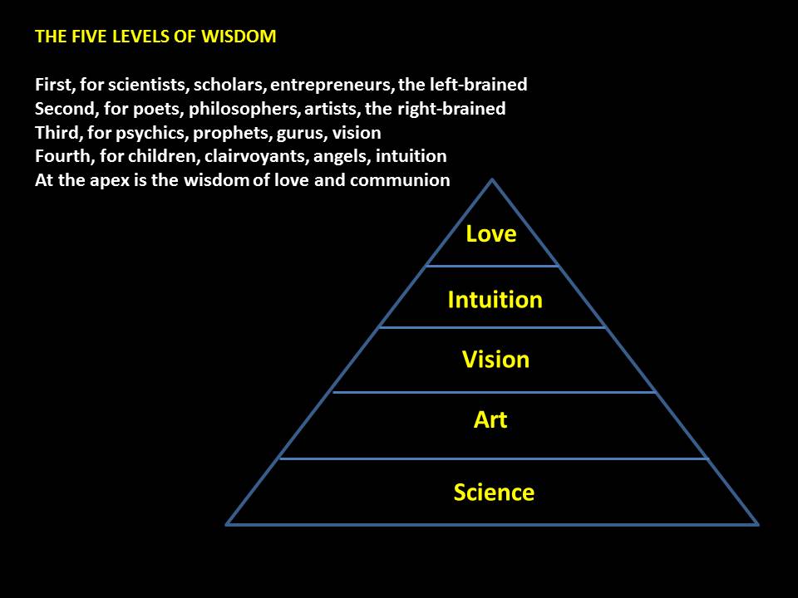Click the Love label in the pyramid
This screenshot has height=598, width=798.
pyautogui.click(x=490, y=234)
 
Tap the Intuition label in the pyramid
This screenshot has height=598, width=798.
pyautogui.click(x=495, y=300)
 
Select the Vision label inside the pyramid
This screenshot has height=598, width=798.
pyautogui.click(x=495, y=360)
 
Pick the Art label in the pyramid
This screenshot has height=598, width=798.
pyautogui.click(x=490, y=420)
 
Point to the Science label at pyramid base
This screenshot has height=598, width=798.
pyautogui.click(x=494, y=493)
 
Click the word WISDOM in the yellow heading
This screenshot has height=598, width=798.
pyautogui.click(x=240, y=37)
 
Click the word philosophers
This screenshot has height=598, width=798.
pyautogui.click(x=242, y=109)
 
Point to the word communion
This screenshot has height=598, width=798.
pyautogui.click(x=401, y=180)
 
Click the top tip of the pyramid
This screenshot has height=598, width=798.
pyautogui.click(x=493, y=180)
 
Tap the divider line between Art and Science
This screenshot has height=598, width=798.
pyautogui.click(x=493, y=458)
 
